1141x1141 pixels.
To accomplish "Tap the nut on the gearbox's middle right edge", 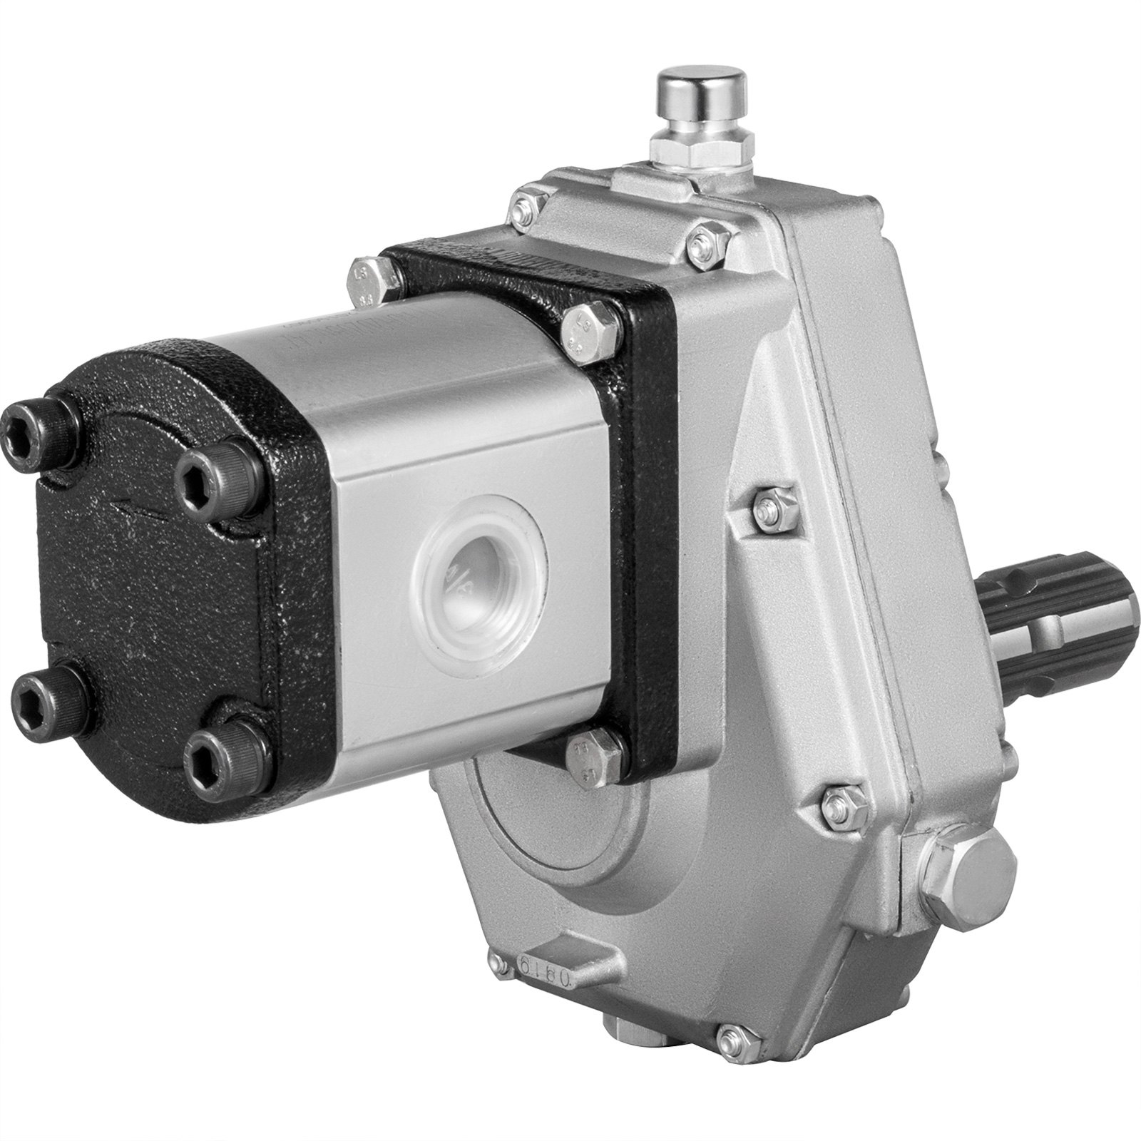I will pos(772,506).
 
